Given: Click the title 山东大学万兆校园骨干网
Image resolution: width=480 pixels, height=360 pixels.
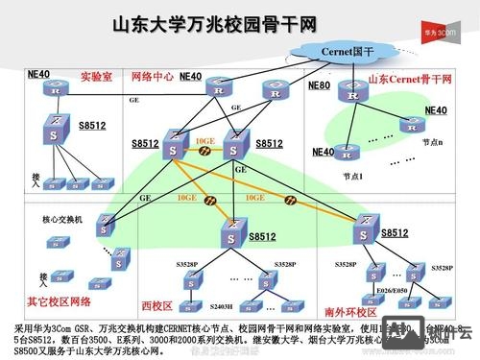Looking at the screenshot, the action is (x=216, y=23).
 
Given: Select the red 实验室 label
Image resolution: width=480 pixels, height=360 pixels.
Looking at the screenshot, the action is (x=96, y=76).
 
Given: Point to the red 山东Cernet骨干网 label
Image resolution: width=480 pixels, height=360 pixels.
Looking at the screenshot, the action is (x=410, y=77).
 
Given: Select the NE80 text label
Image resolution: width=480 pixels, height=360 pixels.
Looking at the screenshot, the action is (x=319, y=85).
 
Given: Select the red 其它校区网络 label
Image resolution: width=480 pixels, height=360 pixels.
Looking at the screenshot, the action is (x=59, y=301).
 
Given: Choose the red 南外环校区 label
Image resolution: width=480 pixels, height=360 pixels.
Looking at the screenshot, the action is (x=348, y=311).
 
